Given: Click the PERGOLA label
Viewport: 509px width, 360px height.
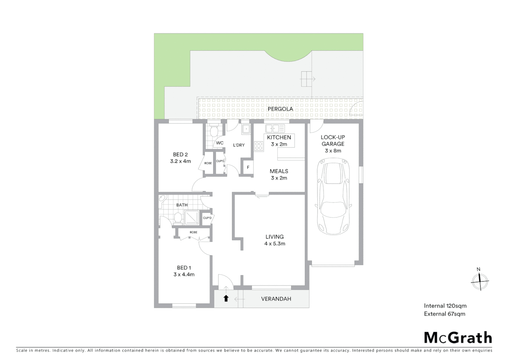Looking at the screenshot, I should click(280, 109).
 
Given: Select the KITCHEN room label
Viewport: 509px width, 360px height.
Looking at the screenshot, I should click(279, 137).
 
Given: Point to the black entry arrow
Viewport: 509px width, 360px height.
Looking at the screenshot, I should click(226, 298).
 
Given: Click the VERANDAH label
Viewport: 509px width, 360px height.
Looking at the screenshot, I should click(276, 299).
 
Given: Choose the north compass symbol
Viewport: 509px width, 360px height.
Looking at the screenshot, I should click(480, 281).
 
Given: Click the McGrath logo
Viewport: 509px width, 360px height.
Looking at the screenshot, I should click(458, 338).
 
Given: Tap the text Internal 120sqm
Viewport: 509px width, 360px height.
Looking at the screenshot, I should click(445, 306).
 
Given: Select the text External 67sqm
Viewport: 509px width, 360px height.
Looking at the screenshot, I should click(444, 314).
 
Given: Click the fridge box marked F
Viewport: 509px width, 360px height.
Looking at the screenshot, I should click(248, 167).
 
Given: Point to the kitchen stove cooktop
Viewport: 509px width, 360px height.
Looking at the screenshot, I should click(259, 146).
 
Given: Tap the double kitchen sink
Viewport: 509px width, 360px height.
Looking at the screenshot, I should click(275, 128).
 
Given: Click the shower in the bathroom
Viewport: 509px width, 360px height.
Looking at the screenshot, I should click(192, 217).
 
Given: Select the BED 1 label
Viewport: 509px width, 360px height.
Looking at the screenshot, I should click(184, 268).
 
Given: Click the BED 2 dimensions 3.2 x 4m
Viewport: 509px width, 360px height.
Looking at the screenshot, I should click(180, 161).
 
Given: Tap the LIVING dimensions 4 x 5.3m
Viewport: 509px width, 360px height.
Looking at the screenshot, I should click(274, 244).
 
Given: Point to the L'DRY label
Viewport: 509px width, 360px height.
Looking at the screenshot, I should click(239, 145).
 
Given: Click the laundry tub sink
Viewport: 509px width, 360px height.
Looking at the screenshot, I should click(246, 129).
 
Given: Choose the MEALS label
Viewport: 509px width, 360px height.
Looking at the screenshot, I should click(279, 171).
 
